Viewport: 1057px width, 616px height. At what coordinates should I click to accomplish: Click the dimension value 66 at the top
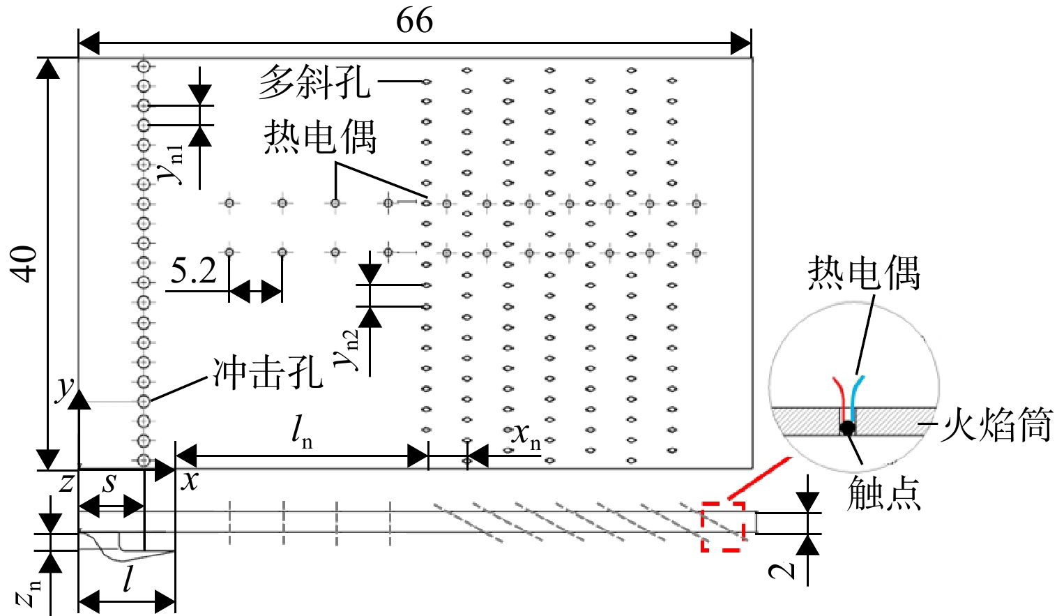tap(414, 20)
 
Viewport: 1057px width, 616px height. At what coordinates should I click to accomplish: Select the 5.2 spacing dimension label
tap(193, 271)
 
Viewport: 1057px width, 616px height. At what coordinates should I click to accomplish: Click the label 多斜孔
tap(314, 82)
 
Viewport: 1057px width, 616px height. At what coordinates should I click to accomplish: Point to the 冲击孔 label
tap(268, 373)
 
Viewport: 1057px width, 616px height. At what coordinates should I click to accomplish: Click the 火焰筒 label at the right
tap(996, 426)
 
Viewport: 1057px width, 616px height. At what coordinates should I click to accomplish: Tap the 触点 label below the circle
tap(884, 493)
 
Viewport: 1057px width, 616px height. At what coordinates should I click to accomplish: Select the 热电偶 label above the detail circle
tap(864, 273)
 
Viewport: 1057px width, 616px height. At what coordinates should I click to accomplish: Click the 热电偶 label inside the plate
tap(320, 137)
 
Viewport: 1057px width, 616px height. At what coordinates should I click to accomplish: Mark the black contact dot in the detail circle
tap(847, 428)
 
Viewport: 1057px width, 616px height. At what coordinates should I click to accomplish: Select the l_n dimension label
tap(302, 433)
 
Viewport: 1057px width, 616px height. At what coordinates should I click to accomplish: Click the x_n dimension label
tap(526, 436)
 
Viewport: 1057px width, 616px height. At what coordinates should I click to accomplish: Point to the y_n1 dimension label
tap(171, 164)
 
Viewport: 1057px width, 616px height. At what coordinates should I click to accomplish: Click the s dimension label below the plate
tap(109, 483)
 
